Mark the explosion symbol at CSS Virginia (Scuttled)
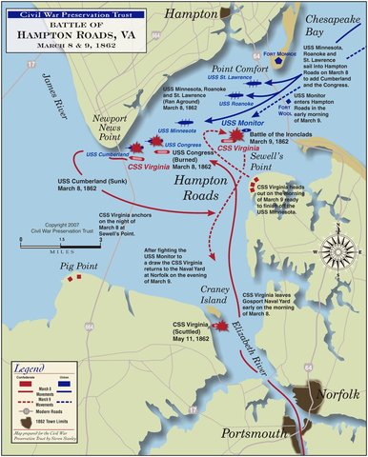[x=222, y=327]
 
